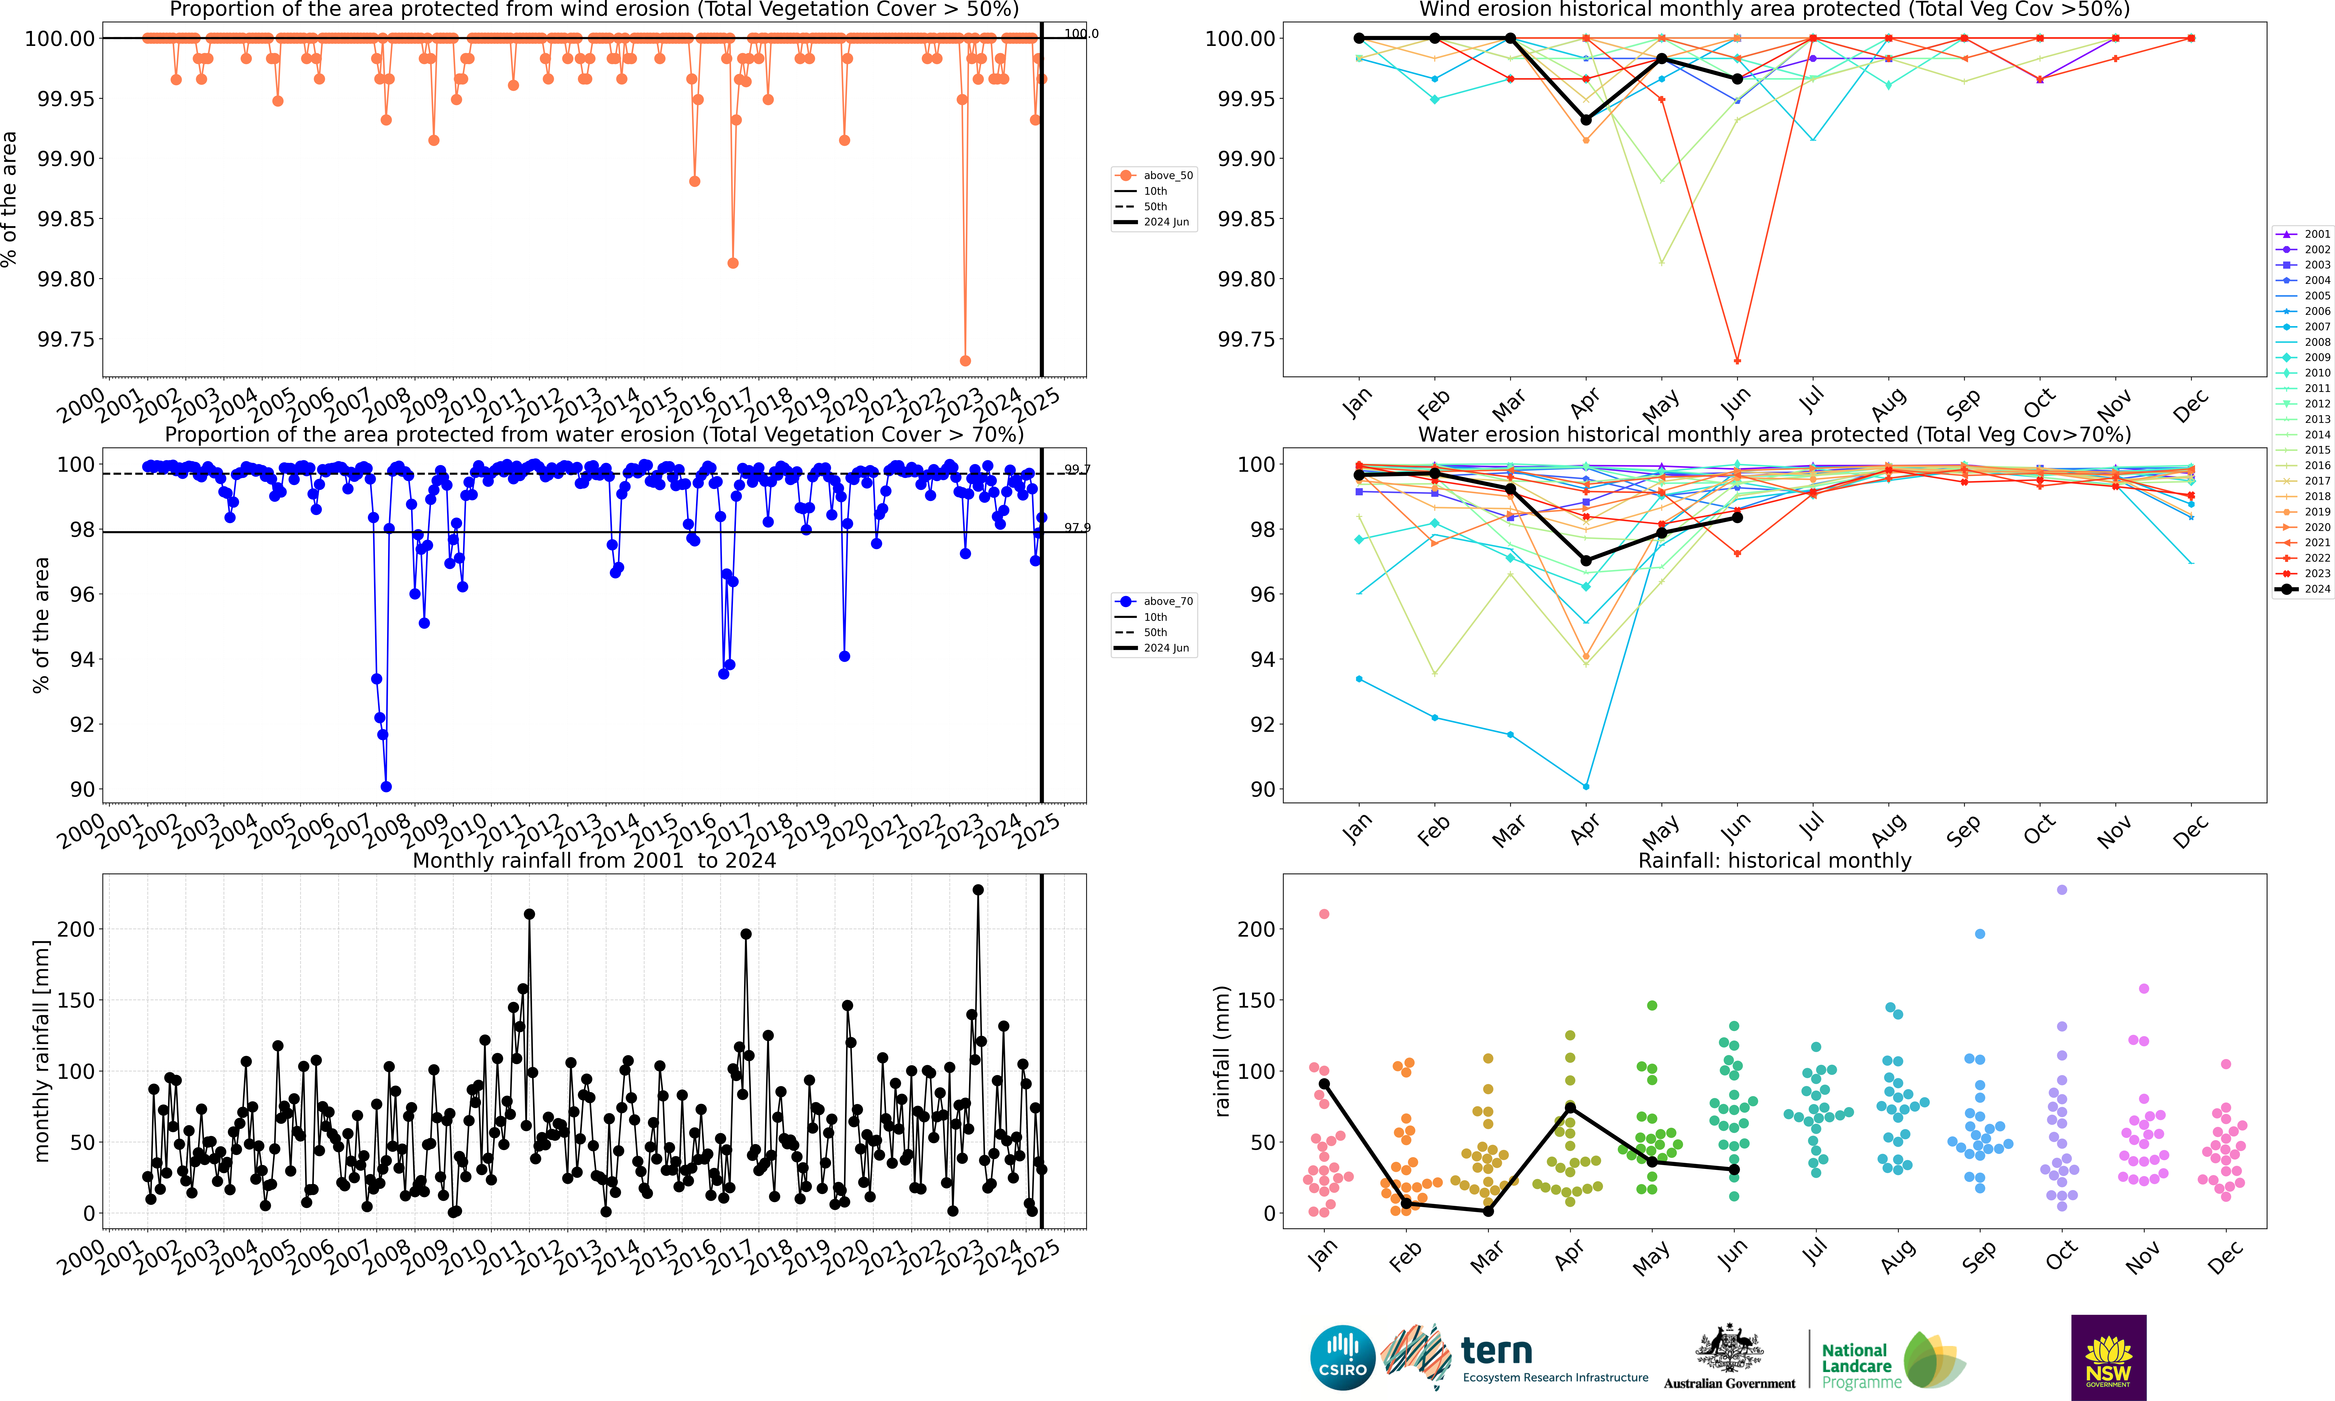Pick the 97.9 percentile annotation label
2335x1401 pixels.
[1076, 528]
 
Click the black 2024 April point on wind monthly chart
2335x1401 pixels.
[1586, 120]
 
